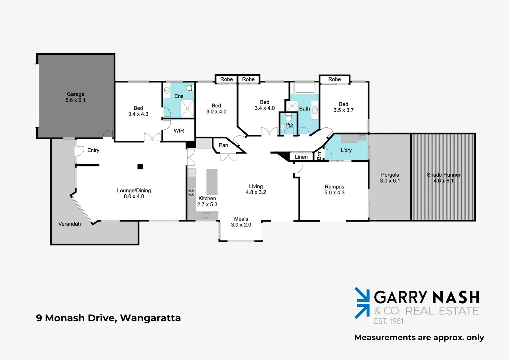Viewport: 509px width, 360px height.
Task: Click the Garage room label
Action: (x=75, y=94)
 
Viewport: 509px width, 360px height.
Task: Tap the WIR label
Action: (x=179, y=131)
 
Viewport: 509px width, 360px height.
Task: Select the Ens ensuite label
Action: (x=179, y=96)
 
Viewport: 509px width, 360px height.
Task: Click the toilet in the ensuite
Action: (x=190, y=88)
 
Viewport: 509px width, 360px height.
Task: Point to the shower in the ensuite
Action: (x=187, y=108)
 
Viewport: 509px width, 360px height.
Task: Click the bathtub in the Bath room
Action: (x=304, y=88)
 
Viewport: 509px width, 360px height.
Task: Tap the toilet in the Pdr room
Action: (x=288, y=117)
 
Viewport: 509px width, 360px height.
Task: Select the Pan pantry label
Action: (x=223, y=145)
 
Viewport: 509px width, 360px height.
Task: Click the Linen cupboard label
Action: (x=301, y=157)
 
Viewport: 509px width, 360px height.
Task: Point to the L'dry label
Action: (x=346, y=150)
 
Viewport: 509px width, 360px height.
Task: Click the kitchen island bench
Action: (x=212, y=182)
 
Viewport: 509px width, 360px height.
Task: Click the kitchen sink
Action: (x=206, y=216)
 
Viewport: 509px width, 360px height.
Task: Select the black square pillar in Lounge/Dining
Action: (x=140, y=167)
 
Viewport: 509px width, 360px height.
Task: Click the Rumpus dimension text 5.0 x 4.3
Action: (x=334, y=193)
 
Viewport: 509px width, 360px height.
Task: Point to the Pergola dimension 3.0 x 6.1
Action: (x=390, y=181)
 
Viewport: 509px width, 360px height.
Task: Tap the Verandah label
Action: (x=69, y=224)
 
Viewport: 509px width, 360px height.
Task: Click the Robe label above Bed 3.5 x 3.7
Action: (x=334, y=79)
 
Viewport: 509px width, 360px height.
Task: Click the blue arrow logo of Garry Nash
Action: (x=362, y=303)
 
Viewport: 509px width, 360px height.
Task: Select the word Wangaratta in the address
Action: (x=150, y=318)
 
